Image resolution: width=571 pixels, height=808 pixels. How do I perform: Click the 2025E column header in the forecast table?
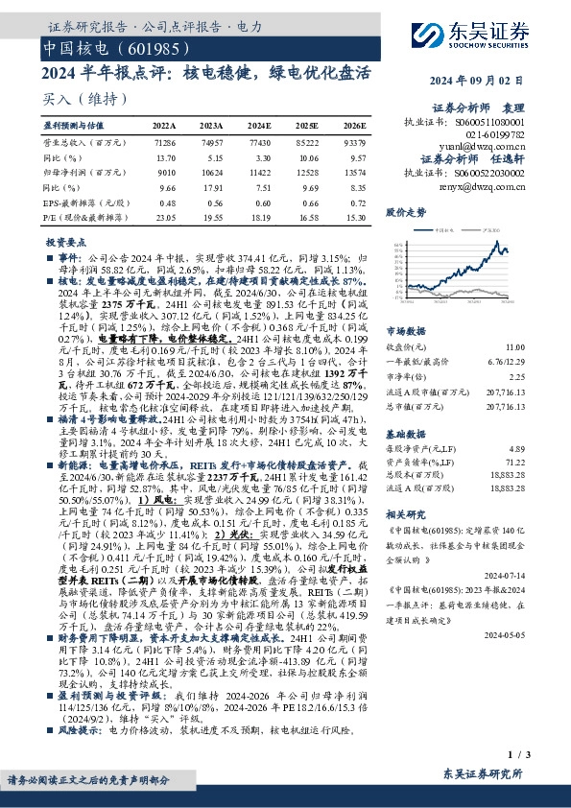coord(307,126)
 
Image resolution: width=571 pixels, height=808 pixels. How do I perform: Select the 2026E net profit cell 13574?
coord(354,173)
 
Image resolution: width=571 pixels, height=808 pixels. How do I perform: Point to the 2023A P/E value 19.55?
coord(212,218)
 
